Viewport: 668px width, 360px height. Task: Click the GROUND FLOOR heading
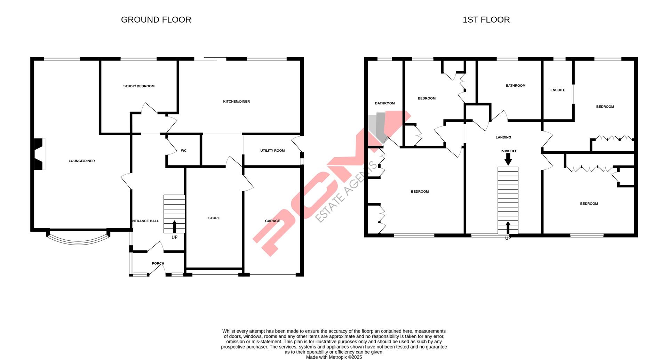156,20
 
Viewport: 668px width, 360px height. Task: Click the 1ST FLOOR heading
486,20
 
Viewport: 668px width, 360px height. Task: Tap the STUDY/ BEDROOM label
139,86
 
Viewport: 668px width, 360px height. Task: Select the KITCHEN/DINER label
237,102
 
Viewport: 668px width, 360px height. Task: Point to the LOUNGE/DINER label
82,161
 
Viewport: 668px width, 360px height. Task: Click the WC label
184,151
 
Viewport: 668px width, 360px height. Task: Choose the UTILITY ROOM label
272,151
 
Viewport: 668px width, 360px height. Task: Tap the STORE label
214,218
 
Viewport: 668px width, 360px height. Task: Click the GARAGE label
272,221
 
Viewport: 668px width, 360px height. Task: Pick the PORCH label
158,263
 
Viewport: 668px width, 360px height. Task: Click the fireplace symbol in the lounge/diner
39,154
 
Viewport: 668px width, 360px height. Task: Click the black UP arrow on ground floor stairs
174,226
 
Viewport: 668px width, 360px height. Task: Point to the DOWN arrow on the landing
508,159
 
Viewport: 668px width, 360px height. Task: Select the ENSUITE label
558,90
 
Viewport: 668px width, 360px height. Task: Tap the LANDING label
503,137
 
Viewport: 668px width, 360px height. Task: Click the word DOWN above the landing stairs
508,151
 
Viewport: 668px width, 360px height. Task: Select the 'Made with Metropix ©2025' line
334,357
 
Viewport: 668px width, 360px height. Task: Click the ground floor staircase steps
174,209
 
